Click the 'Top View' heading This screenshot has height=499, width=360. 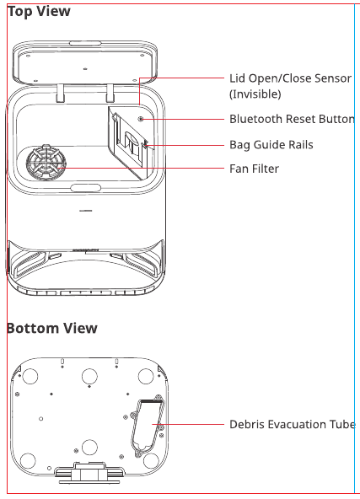[39, 12]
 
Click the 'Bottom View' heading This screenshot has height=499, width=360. [52, 328]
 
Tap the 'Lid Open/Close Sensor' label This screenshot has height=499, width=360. [290, 78]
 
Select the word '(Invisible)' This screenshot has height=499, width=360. [255, 94]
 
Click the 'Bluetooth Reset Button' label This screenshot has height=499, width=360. [292, 119]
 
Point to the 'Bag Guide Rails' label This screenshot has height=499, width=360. [271, 145]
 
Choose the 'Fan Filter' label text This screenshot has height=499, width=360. [254, 169]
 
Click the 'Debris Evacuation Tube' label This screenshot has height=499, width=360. [293, 424]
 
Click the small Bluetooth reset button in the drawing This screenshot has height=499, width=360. [141, 119]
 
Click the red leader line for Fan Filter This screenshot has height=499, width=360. [142, 168]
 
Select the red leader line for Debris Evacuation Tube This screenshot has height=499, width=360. [188, 424]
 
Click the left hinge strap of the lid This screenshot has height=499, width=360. [61, 93]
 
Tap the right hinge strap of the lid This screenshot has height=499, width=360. [110, 93]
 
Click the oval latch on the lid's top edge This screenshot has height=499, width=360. [85, 43]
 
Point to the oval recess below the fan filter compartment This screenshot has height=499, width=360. [86, 188]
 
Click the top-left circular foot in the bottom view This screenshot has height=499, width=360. [30, 376]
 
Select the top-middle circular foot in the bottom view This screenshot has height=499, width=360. [89, 377]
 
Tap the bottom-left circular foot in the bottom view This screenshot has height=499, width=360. [28, 461]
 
